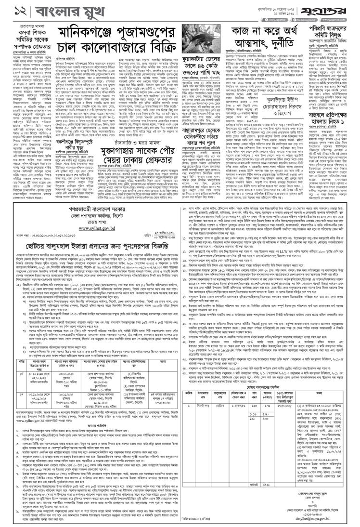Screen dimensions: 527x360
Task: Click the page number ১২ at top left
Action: coord(10,9)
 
